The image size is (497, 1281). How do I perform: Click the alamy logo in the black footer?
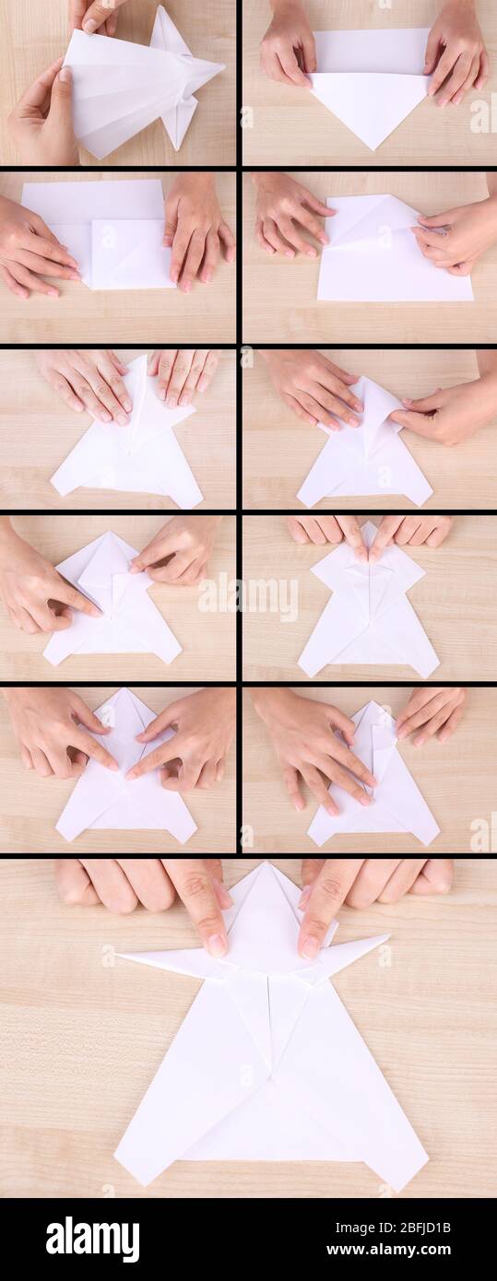point(92,1240)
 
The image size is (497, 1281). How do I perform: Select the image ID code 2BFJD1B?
point(422,1228)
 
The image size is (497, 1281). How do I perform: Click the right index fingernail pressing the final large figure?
point(310,946)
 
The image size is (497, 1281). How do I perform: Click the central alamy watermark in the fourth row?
point(248,598)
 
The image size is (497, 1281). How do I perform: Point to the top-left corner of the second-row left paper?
point(25,183)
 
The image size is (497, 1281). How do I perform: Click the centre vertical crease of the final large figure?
point(269,1032)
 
